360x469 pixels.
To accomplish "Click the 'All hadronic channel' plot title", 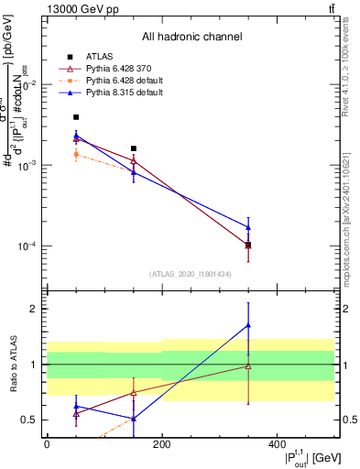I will pos(191,37).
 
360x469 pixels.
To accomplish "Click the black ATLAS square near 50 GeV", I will pos(76,117).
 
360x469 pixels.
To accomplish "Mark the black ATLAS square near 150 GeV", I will pos(134,148).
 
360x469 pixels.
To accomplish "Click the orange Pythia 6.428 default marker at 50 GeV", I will pos(76,154).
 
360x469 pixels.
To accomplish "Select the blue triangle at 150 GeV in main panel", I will pos(134,172).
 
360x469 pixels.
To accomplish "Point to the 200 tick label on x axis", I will pos(161,443).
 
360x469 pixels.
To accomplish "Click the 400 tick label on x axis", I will pos(277,443).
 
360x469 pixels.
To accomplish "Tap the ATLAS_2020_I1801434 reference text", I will pos(191,274).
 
